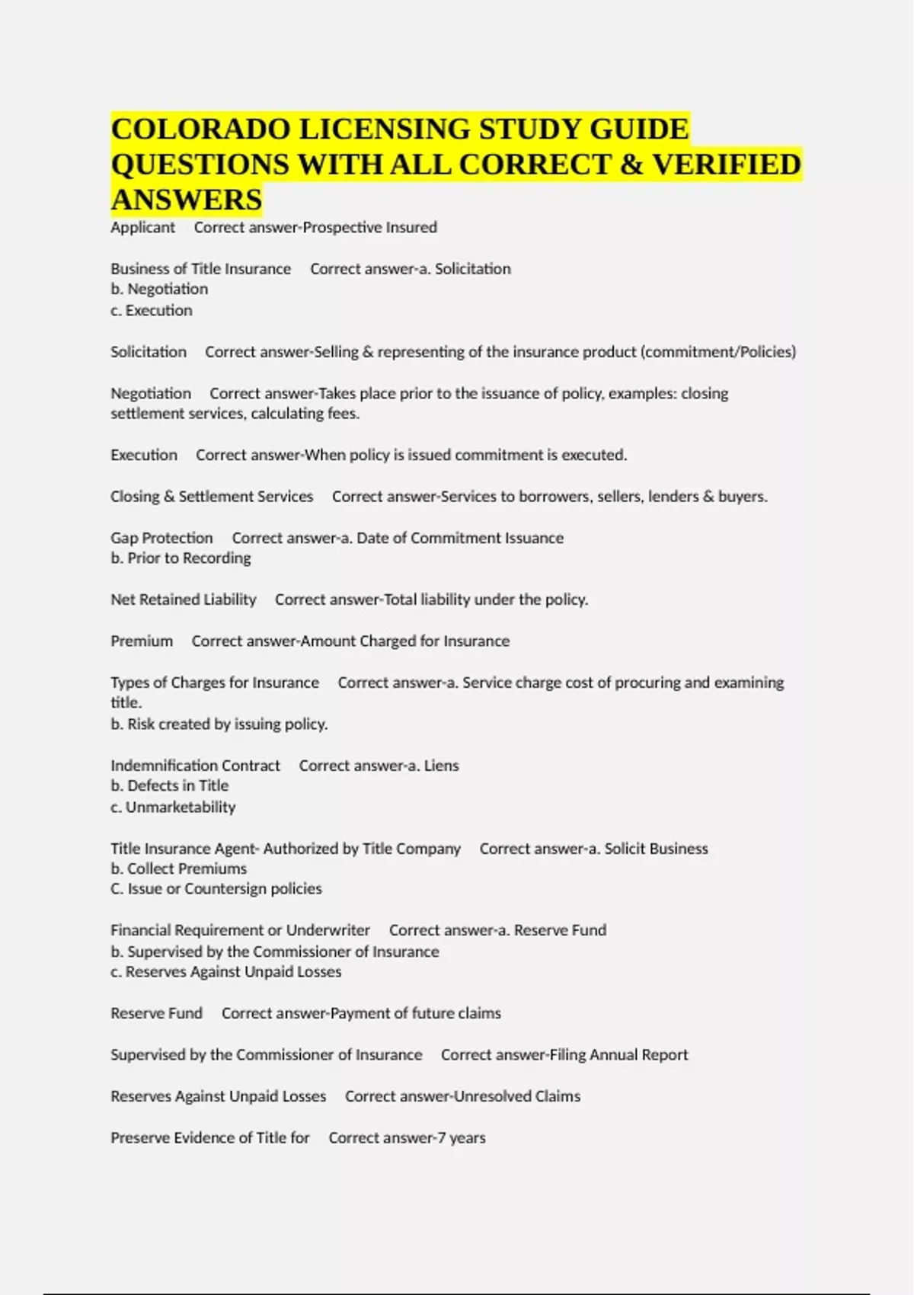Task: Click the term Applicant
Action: (142, 227)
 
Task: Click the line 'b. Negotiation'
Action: (159, 289)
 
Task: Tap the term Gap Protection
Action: (161, 538)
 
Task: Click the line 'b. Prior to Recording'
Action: (181, 558)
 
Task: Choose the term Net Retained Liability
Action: (184, 600)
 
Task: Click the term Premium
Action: (142, 641)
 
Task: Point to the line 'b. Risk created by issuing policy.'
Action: (219, 724)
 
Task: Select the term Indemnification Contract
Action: (195, 766)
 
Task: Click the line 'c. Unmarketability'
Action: (173, 807)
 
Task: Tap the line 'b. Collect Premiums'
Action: (178, 869)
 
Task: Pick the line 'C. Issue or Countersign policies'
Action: (216, 889)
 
